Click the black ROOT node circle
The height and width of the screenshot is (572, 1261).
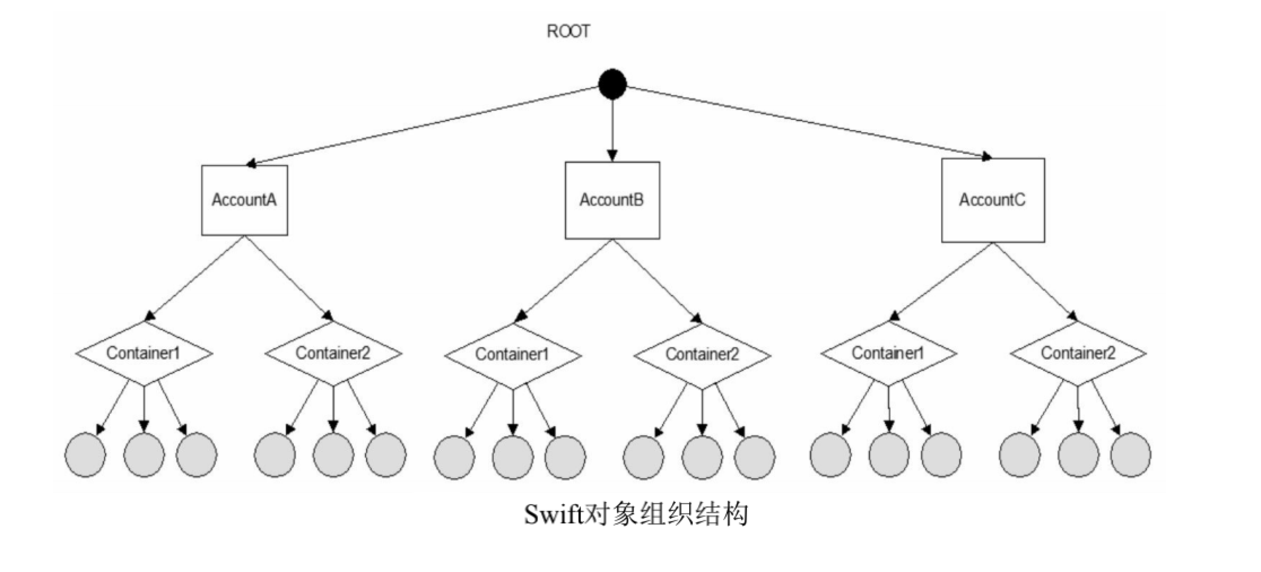(x=612, y=85)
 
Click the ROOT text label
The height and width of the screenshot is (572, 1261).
(x=568, y=31)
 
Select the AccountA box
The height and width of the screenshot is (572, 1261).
(x=244, y=200)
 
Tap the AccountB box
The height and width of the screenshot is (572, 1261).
(x=612, y=200)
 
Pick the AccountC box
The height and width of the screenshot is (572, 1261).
(x=992, y=200)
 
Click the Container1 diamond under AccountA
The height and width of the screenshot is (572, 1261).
(x=144, y=353)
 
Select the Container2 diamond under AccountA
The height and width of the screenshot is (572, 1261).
(x=333, y=353)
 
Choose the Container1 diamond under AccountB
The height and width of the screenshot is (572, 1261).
(x=512, y=355)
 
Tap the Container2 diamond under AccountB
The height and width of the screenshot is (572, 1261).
(x=702, y=355)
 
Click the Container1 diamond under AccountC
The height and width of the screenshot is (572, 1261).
(x=888, y=353)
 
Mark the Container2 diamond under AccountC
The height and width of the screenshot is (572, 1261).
(x=1078, y=353)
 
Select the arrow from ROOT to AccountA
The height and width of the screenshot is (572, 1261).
(x=424, y=125)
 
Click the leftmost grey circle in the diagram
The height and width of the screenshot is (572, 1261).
(x=85, y=455)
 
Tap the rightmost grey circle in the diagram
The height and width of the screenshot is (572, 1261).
(x=1130, y=455)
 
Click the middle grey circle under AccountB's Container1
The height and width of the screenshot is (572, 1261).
(x=513, y=457)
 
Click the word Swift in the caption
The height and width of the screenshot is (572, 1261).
(x=553, y=514)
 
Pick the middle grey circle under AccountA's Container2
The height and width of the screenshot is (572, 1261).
(x=333, y=455)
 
